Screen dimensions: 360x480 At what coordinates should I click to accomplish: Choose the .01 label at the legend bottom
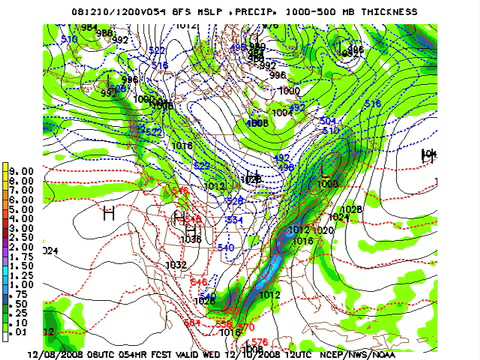[22, 334]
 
